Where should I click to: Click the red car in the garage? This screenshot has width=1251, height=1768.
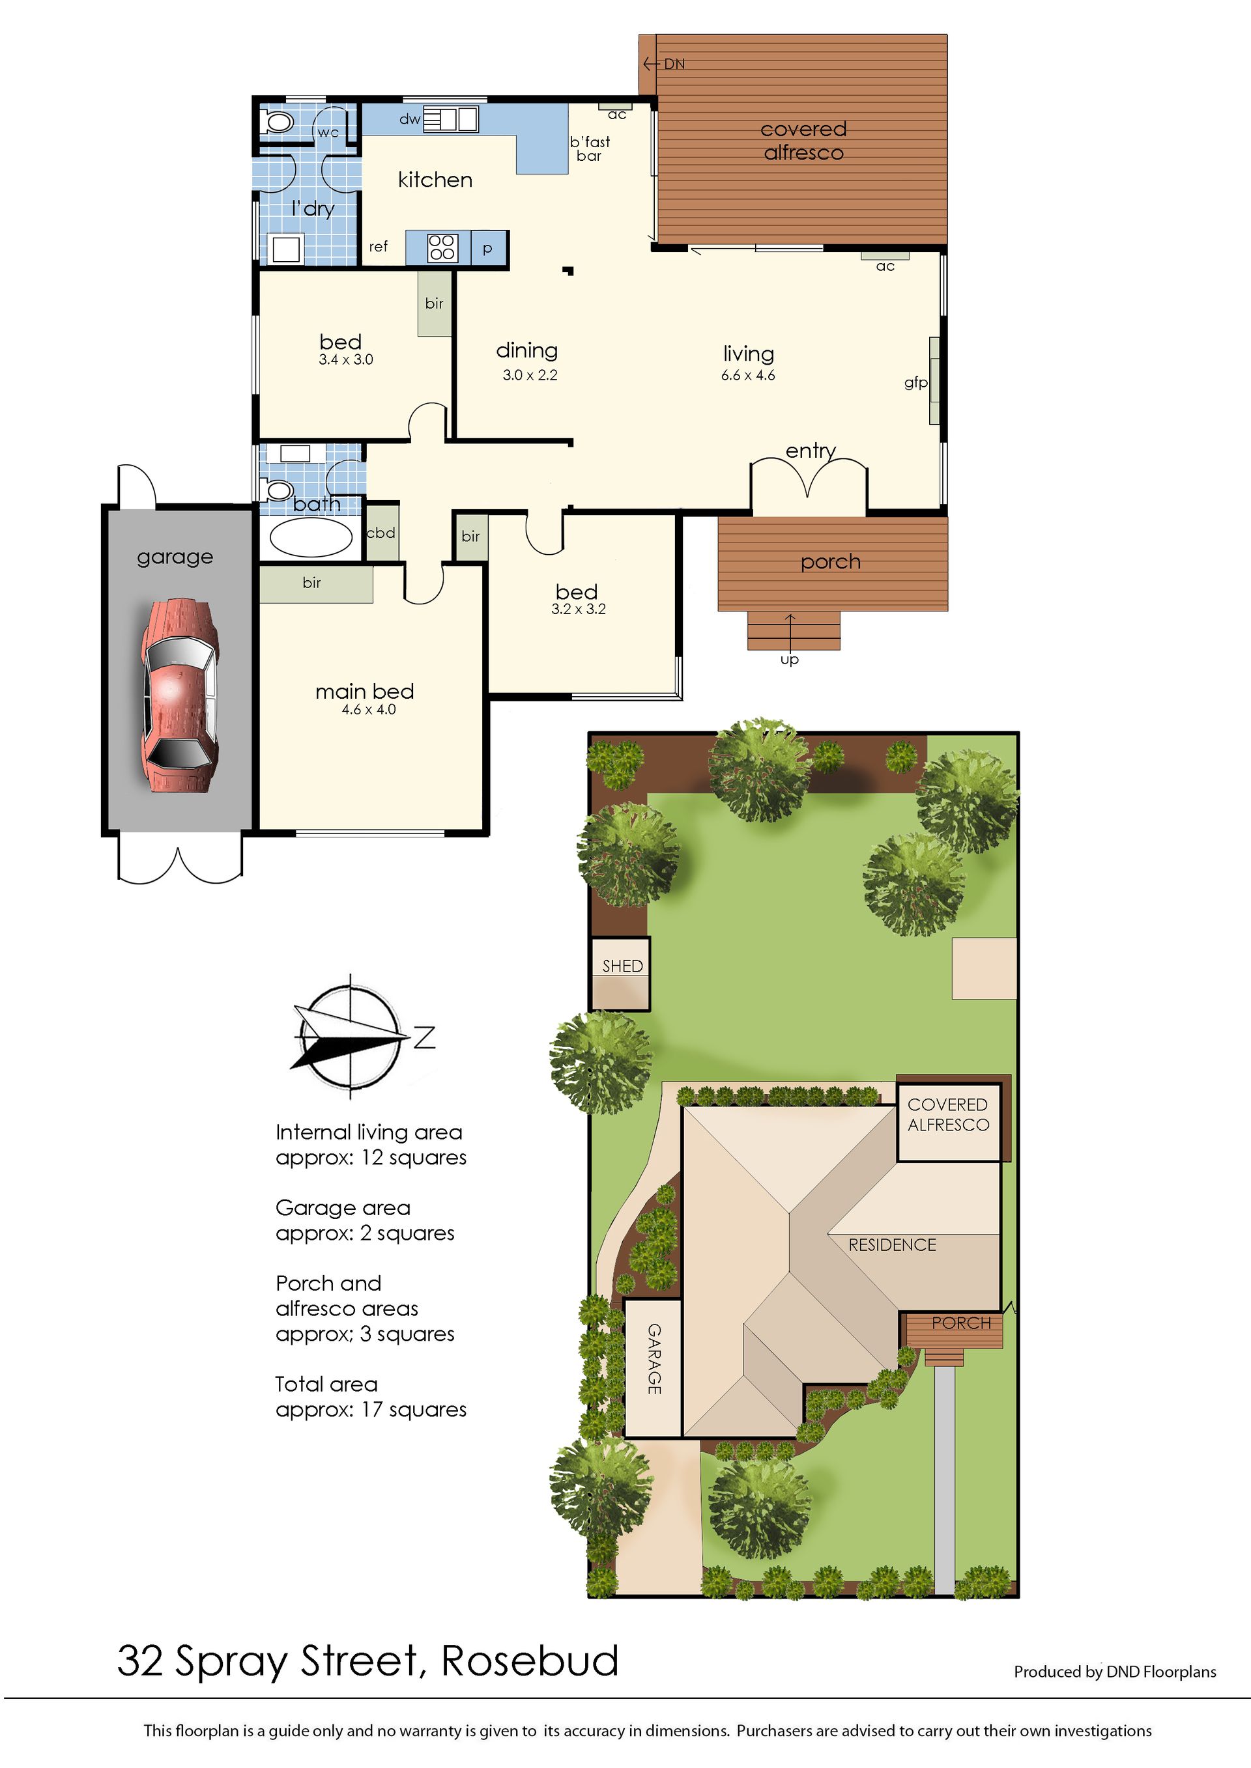click(x=179, y=695)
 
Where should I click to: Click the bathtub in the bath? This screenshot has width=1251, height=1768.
click(x=311, y=537)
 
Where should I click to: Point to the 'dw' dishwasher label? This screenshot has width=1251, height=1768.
click(x=410, y=119)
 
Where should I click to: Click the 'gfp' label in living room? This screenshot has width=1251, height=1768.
click(x=915, y=383)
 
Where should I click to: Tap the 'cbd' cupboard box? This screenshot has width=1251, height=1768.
click(x=381, y=532)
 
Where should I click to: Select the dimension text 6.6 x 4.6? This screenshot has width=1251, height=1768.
click(x=748, y=376)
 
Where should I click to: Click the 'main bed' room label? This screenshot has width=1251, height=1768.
click(x=364, y=692)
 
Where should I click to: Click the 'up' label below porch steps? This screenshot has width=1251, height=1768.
click(x=790, y=660)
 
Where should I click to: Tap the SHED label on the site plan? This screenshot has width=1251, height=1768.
click(x=622, y=966)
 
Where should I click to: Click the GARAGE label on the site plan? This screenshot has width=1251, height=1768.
click(x=654, y=1359)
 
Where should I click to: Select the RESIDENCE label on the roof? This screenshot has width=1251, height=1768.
click(x=892, y=1245)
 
